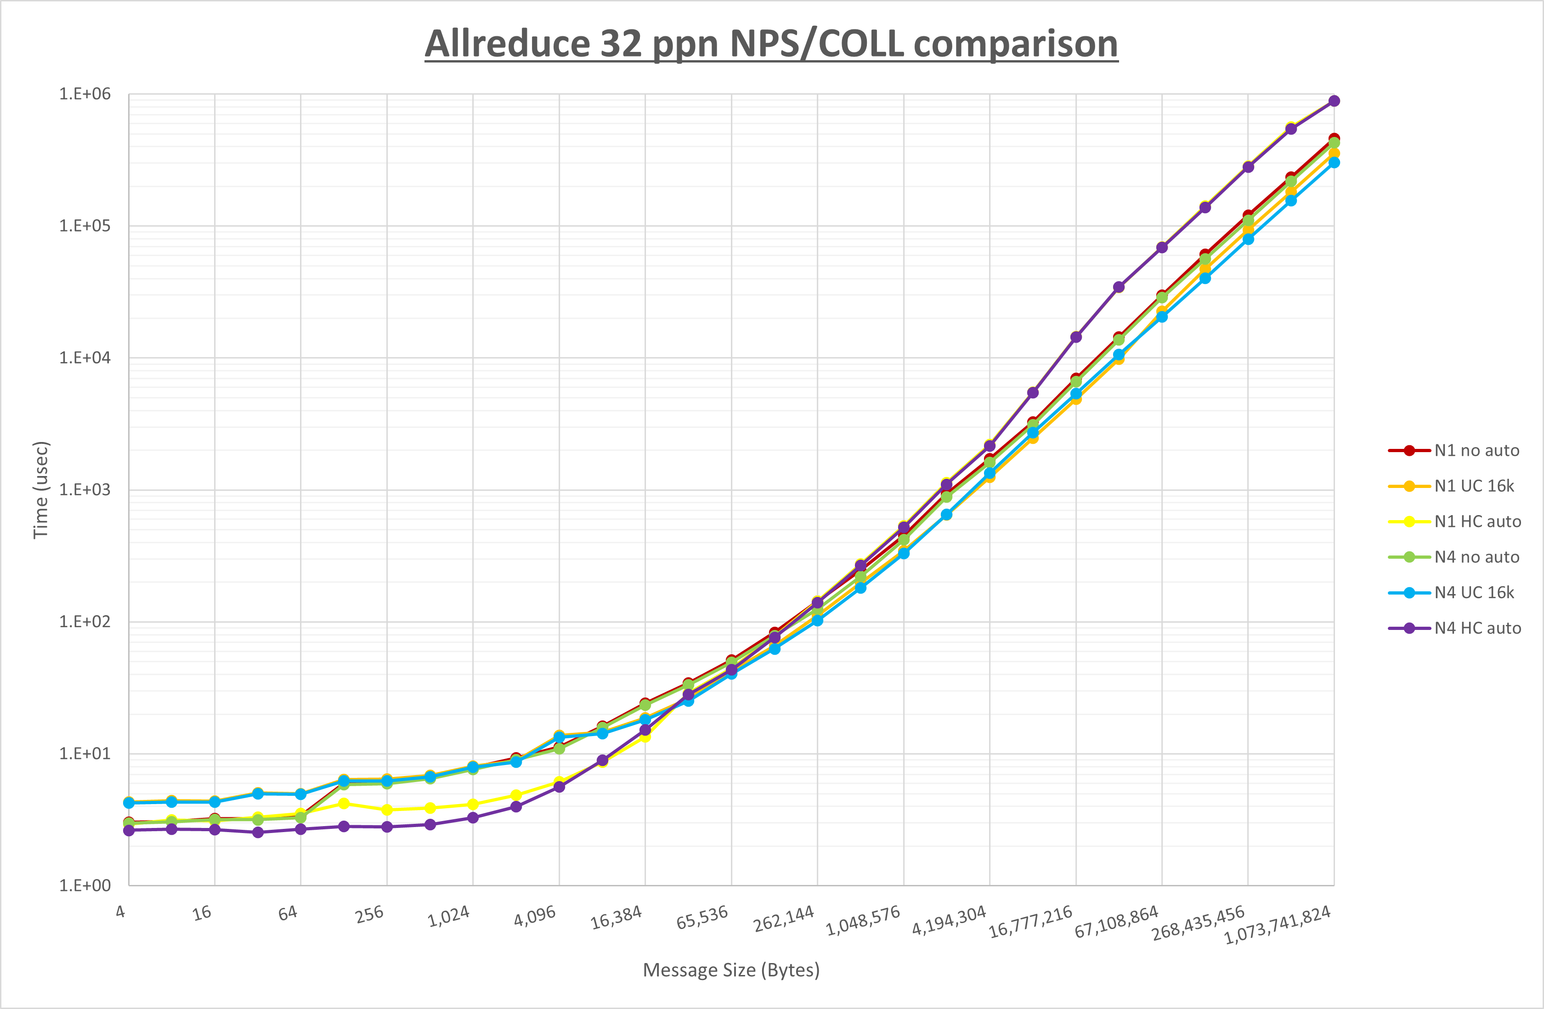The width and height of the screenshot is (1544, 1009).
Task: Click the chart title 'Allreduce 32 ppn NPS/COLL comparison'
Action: tap(771, 44)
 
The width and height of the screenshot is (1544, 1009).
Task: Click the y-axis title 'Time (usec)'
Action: tap(41, 490)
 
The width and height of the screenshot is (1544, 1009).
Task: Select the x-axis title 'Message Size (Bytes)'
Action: tap(731, 970)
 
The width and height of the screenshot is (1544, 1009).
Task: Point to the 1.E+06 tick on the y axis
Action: tap(85, 94)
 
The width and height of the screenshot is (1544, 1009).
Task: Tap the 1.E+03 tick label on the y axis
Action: tap(85, 490)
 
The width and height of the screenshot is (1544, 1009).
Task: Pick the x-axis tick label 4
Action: tap(121, 912)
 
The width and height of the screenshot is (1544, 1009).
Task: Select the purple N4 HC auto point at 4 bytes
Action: tap(129, 830)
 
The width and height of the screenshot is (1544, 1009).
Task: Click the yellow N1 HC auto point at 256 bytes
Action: tap(387, 810)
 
